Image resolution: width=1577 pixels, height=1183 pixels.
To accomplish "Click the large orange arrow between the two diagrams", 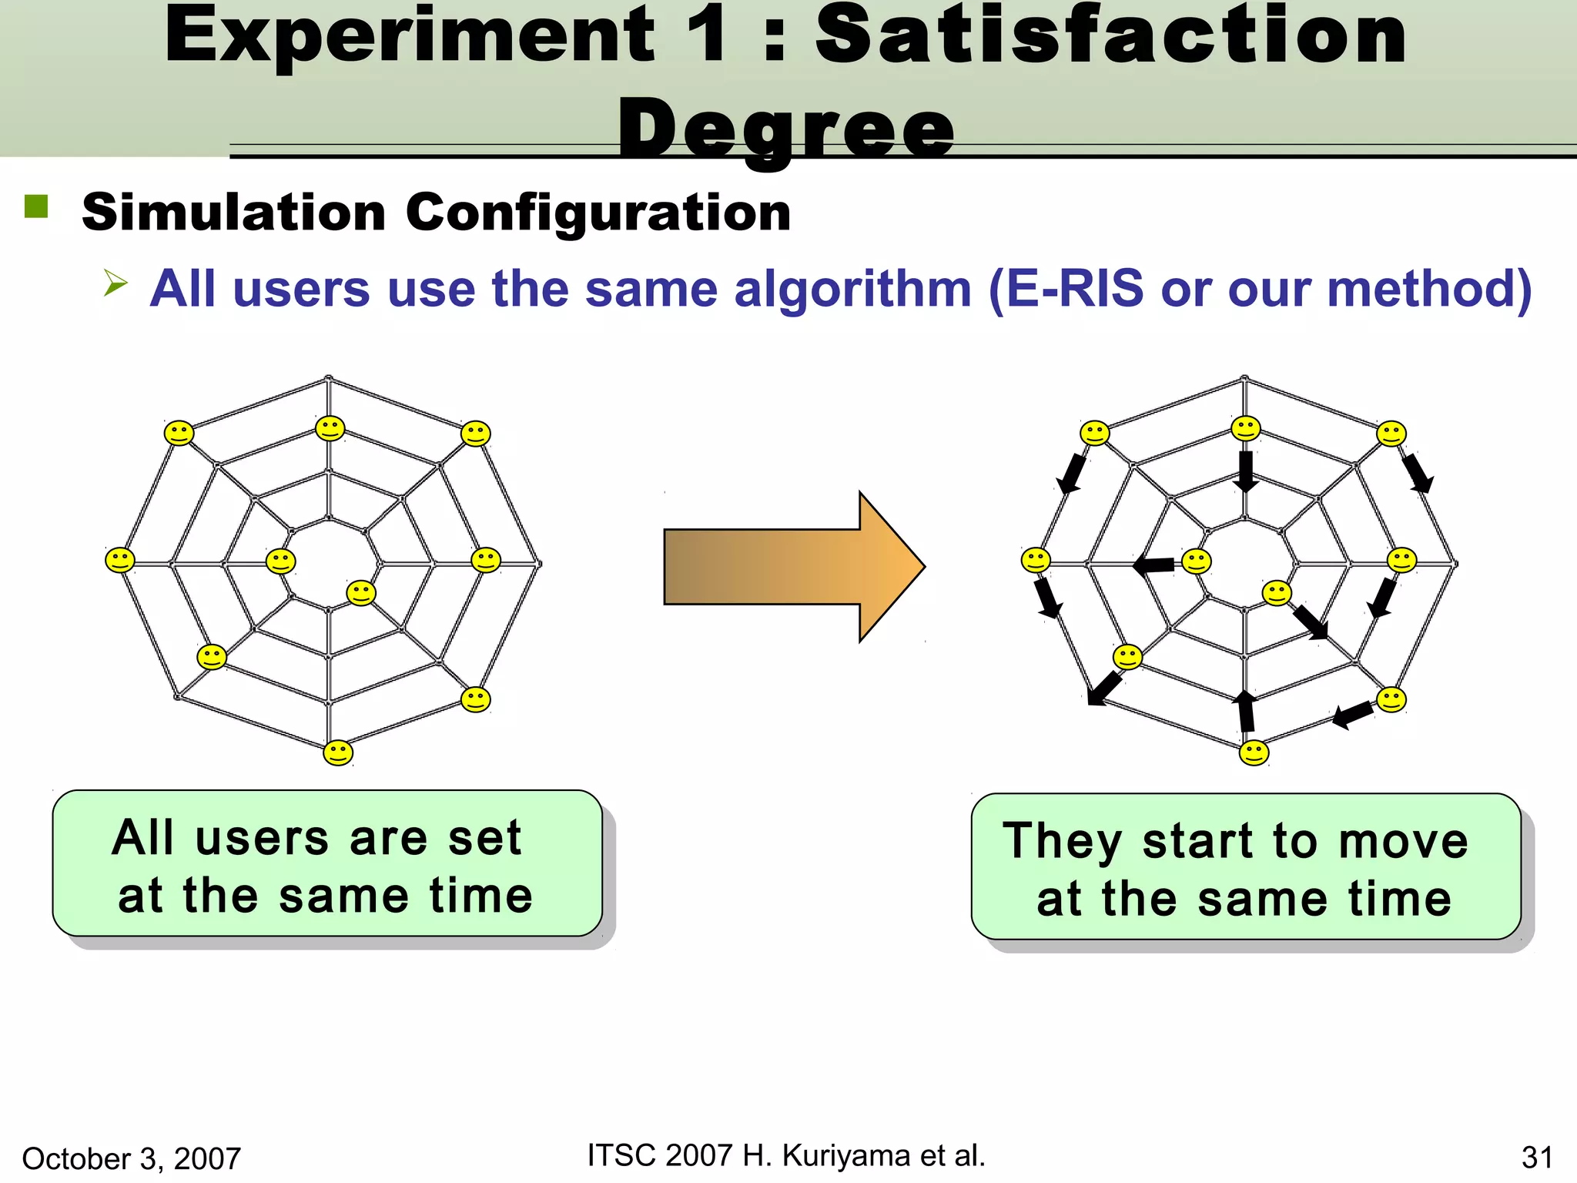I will [793, 567].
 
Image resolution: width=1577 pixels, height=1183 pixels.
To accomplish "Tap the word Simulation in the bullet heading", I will [233, 213].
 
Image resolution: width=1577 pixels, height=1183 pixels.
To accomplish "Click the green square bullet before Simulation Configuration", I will [36, 206].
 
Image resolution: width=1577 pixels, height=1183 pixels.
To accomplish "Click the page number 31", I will [1536, 1158].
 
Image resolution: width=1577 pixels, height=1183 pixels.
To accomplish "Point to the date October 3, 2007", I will [132, 1158].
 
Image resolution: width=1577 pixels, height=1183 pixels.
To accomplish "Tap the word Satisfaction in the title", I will [1111, 36].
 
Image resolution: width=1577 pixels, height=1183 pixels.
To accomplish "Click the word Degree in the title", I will [786, 129].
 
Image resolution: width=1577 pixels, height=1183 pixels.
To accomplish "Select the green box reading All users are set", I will [326, 864].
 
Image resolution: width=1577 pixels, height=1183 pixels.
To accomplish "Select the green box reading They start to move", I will [1245, 867].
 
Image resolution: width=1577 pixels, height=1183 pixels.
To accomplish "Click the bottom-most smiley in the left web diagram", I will [338, 752].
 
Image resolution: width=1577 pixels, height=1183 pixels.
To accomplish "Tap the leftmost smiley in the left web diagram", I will [119, 560].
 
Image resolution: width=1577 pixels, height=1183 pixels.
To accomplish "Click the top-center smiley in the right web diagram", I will [1245, 428].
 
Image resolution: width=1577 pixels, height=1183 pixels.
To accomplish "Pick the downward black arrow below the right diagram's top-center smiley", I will [1245, 471].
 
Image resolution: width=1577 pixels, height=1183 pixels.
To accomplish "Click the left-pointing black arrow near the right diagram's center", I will [1154, 566].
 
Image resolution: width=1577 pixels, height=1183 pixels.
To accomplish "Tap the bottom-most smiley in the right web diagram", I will [1254, 752].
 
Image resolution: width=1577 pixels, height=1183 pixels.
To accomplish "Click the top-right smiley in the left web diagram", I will [475, 434].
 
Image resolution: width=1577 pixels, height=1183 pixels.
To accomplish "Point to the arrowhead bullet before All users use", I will [115, 283].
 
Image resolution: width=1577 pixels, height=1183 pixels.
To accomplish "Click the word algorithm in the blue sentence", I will [852, 290].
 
